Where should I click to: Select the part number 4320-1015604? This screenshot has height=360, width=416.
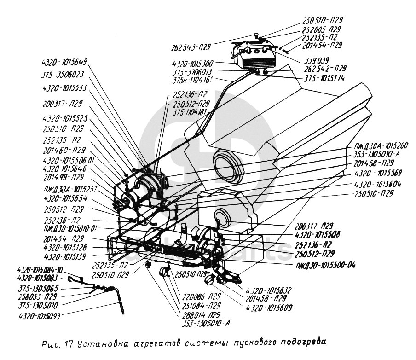click(x=378, y=184)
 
